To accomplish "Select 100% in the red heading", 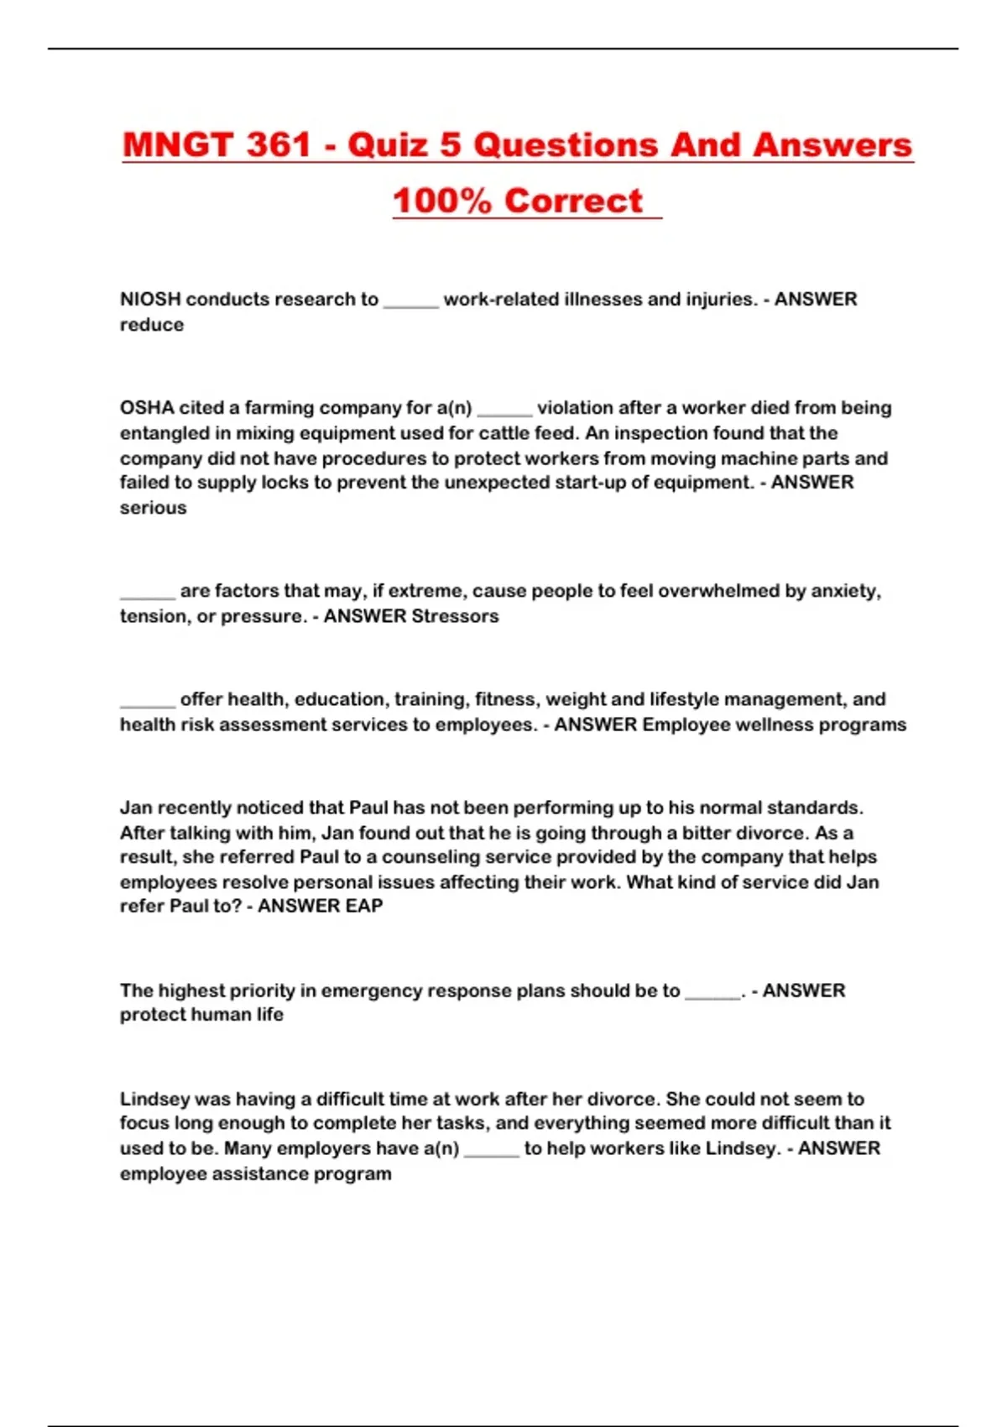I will (x=441, y=201).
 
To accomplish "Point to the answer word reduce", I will (x=152, y=325).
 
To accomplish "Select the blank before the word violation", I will (x=504, y=410).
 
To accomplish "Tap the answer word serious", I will (x=154, y=508).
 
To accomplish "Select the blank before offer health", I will (x=148, y=702).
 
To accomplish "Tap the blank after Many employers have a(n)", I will (x=492, y=1152).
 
